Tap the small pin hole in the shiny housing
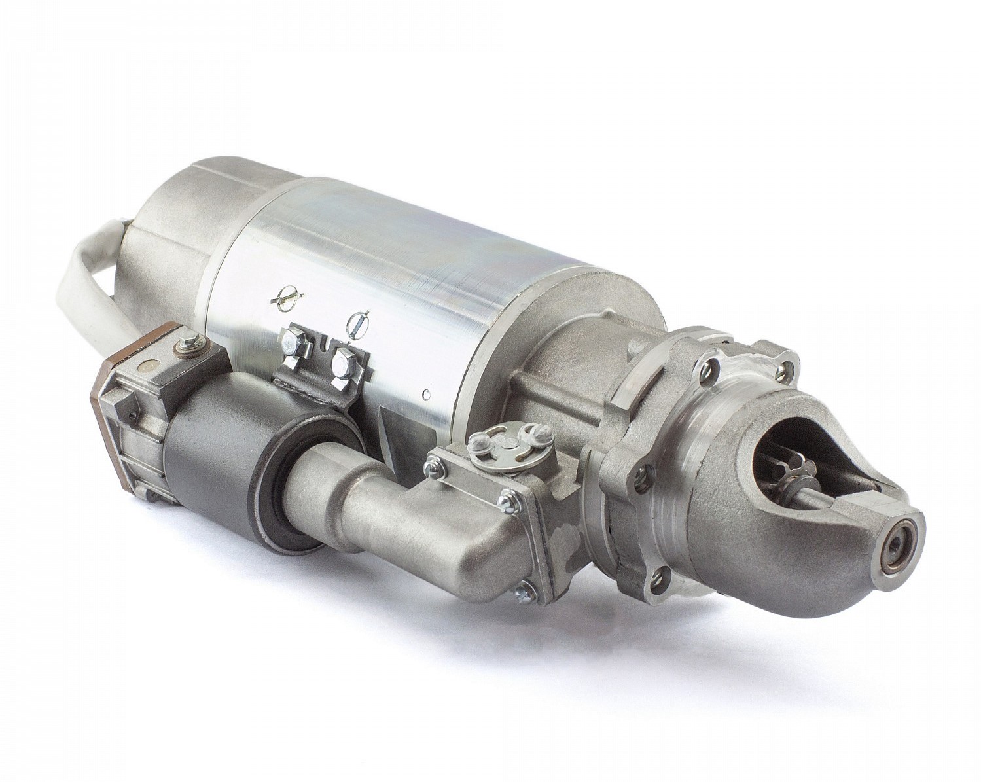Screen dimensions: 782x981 [x=426, y=394]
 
